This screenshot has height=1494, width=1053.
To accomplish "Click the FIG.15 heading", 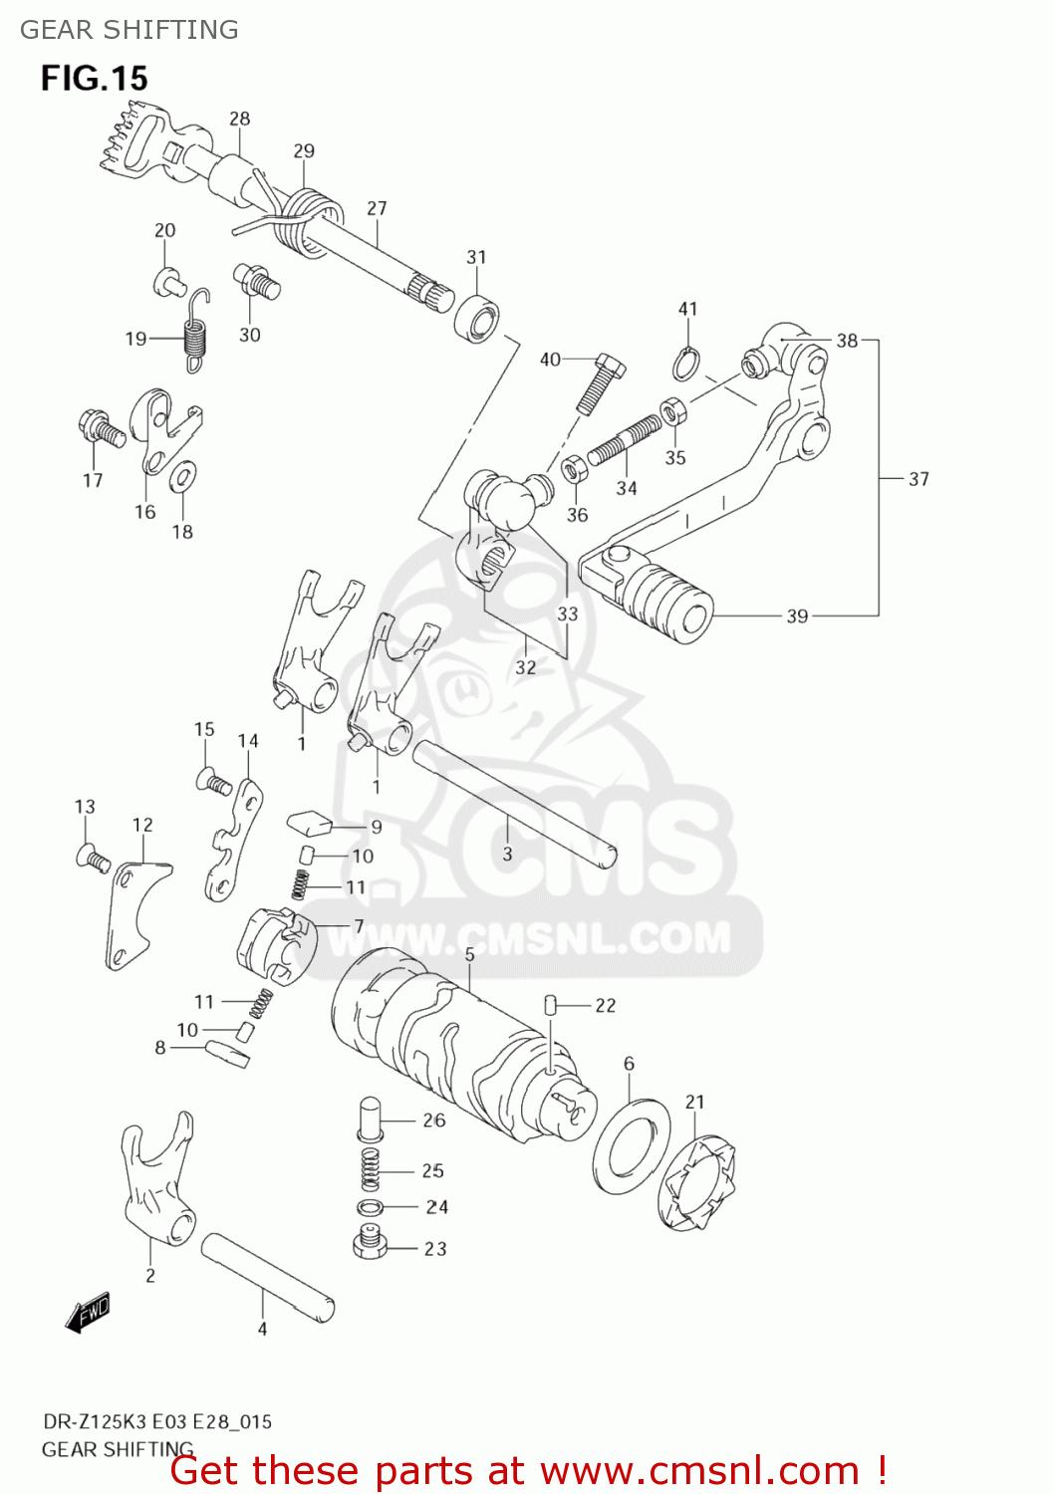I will (x=94, y=78).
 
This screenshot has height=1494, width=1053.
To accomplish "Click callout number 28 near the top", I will (x=239, y=119).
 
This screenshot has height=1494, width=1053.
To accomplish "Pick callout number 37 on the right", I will (x=918, y=479).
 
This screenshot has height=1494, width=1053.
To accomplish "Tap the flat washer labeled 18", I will (x=182, y=477).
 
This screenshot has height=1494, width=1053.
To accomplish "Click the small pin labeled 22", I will (x=549, y=1004).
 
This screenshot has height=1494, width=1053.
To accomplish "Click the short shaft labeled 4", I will (x=267, y=1276).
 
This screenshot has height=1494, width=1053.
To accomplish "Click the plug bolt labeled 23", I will (x=370, y=1243).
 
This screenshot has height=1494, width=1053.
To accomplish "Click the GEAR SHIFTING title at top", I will (x=130, y=30).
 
